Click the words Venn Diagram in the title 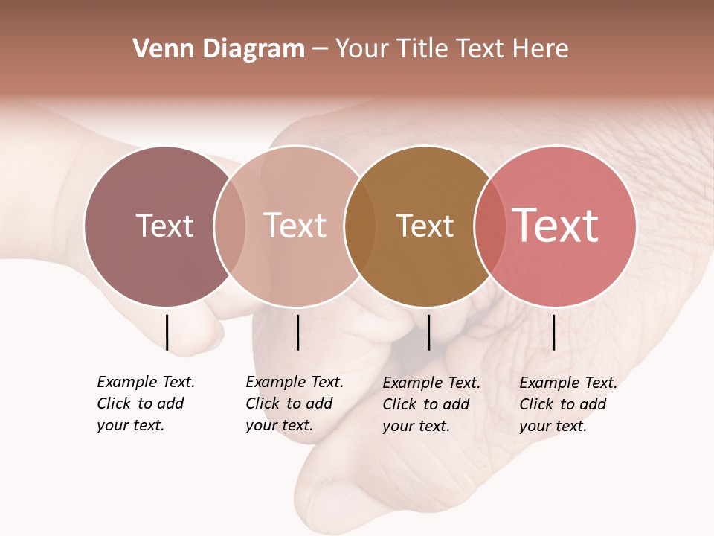point(219,49)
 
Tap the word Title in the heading point(423,49)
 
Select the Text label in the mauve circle point(164,226)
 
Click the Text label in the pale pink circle point(295,226)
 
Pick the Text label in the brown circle point(425,226)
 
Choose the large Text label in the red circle point(555,226)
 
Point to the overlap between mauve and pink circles point(230,226)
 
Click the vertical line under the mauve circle point(167,332)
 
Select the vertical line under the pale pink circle point(297,332)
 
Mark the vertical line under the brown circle point(428,332)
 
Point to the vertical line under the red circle point(554,332)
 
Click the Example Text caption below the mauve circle point(145,403)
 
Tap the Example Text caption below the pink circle point(294,403)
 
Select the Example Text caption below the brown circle point(431,404)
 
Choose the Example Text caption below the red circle point(567,404)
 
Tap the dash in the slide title point(320,50)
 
